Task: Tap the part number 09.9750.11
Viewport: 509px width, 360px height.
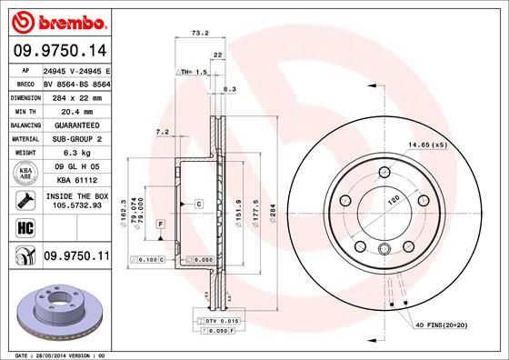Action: click(76, 258)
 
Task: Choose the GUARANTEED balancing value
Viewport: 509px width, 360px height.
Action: click(76, 125)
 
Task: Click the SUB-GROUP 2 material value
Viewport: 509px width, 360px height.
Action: click(76, 138)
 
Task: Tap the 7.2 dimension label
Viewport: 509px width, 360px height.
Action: click(163, 133)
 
